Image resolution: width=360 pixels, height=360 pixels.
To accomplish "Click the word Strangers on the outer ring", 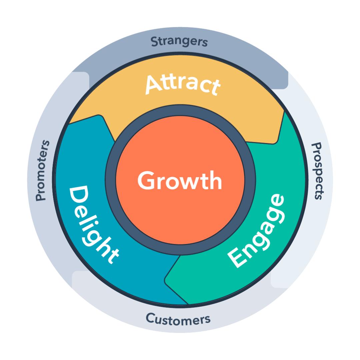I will point(179,42).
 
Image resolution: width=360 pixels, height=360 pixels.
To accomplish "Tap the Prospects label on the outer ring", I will point(316,171).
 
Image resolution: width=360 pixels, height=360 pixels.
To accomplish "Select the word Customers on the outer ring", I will point(178,319).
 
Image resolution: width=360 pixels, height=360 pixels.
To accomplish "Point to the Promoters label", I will point(43,171).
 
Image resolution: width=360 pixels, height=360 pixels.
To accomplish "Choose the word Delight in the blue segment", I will point(93,224).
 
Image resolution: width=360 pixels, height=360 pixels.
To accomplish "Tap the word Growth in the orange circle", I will point(180,180).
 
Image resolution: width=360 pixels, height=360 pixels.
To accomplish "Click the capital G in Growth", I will point(147,181).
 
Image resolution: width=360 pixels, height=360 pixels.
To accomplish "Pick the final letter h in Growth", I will point(214,180).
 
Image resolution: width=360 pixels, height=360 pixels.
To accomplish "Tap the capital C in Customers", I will point(151,318).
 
